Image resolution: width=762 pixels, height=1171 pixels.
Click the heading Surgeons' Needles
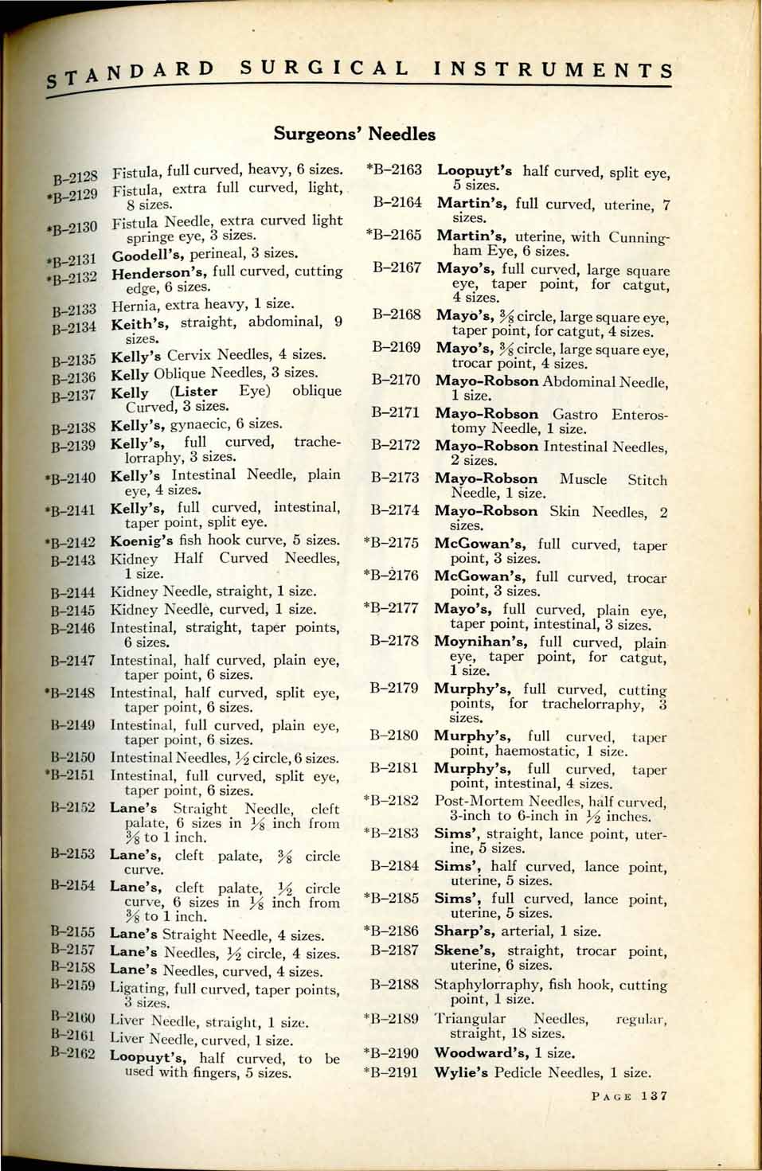point(354,134)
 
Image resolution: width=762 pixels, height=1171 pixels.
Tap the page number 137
point(654,1096)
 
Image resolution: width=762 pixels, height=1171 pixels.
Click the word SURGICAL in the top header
point(325,68)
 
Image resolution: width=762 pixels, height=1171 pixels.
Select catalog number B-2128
point(75,174)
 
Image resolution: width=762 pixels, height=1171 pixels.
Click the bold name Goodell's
point(149,256)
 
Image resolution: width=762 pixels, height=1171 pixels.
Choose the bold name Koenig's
point(143,540)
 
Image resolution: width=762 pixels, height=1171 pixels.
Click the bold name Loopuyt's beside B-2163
point(475,170)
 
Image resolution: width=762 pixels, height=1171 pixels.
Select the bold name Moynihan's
point(483,642)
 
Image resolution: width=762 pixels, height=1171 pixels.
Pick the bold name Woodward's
point(483,1052)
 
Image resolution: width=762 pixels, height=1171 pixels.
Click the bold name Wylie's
point(461,1072)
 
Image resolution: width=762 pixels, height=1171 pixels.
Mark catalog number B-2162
point(72,1053)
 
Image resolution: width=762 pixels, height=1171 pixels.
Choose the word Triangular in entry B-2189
point(471,1019)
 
